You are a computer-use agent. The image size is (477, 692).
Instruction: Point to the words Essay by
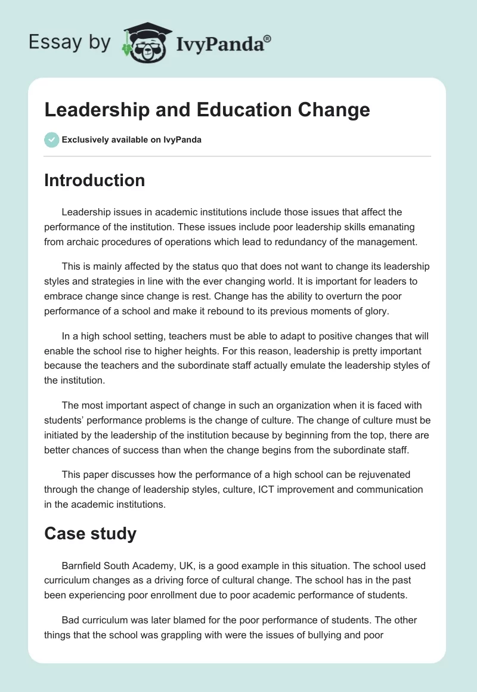(70, 42)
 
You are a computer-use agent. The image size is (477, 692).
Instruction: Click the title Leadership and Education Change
(207, 110)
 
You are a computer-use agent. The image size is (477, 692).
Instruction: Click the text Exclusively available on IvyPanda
(132, 140)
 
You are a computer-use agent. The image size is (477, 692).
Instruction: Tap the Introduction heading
(94, 180)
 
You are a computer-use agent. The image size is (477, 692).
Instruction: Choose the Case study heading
(90, 533)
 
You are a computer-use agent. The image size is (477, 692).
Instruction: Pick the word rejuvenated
(377, 474)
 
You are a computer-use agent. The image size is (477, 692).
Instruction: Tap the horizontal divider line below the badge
(237, 156)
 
